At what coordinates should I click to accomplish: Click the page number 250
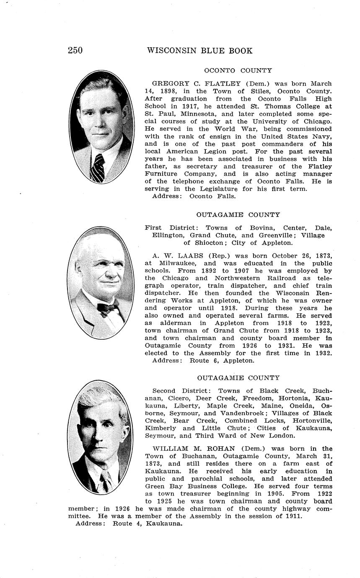75,51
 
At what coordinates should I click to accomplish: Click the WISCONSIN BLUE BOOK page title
199,51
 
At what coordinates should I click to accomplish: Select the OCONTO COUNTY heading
238,70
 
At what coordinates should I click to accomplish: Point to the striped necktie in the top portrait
98,168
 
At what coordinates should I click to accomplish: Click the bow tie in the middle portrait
107,308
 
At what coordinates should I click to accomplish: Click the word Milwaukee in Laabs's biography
181,263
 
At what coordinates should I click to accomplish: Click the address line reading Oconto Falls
212,196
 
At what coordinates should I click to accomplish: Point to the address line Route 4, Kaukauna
148,524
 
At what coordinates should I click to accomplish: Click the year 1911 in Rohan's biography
293,516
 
